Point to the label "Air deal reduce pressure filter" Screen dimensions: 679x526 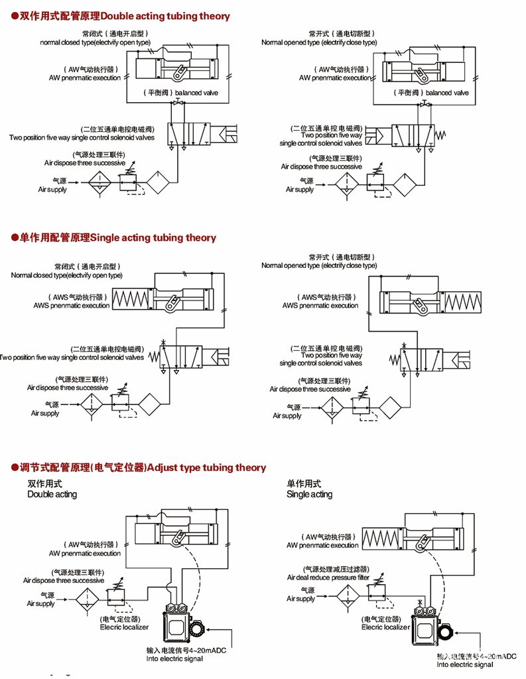click(328, 578)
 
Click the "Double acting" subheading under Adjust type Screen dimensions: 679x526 click(52, 494)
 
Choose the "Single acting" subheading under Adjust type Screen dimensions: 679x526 click(309, 494)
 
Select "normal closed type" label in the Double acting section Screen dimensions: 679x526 click(95, 42)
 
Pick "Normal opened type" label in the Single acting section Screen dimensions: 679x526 click(319, 265)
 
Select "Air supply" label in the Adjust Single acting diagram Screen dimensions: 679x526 click(300, 599)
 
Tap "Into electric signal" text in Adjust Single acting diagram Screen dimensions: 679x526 click(465, 664)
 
